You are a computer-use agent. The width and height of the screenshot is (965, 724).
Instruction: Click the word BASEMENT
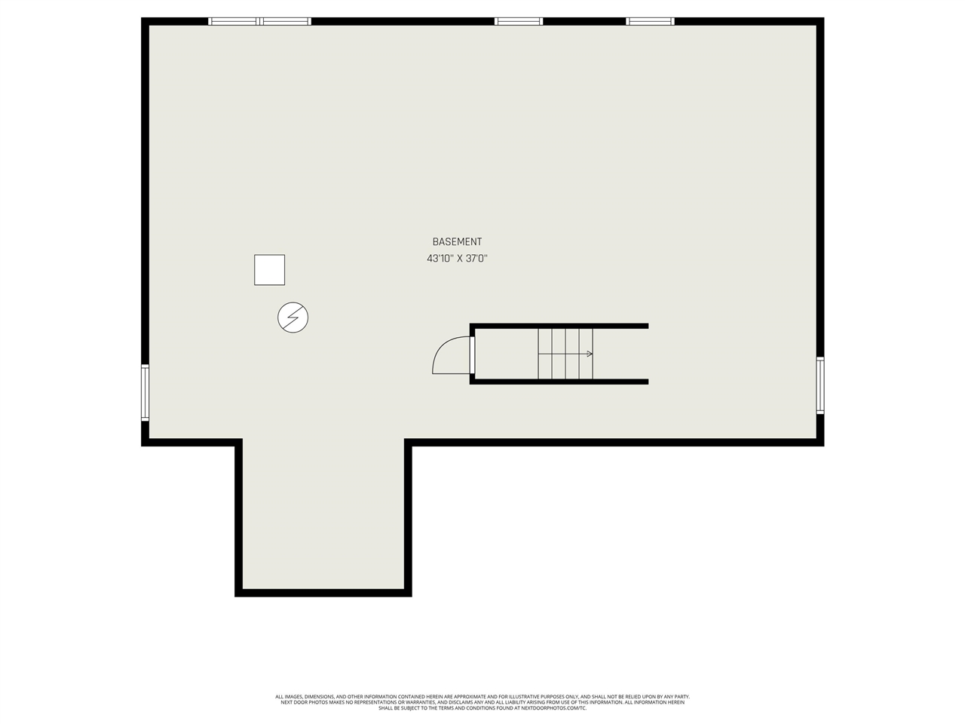click(457, 242)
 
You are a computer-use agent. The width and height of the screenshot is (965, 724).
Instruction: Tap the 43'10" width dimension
click(440, 259)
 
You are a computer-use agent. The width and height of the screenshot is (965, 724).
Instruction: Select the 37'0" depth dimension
click(476, 259)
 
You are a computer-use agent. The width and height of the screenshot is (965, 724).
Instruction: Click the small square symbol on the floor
click(269, 270)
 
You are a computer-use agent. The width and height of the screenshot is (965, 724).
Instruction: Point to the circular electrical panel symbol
click(293, 318)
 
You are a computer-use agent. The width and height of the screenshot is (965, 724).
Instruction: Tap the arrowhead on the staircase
click(590, 354)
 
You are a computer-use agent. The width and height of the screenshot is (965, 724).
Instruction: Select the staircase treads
click(565, 354)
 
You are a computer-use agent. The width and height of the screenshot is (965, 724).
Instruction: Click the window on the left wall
click(145, 392)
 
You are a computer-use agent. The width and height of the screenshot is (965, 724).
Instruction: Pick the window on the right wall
click(820, 385)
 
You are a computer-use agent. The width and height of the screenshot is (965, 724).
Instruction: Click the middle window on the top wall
click(519, 21)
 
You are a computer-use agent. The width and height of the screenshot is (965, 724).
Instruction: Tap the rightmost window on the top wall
click(650, 21)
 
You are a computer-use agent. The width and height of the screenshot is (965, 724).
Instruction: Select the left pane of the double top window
click(234, 21)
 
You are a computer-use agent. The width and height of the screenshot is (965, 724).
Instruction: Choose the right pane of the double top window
click(285, 21)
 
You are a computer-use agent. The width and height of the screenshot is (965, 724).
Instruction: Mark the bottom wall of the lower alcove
click(323, 593)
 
